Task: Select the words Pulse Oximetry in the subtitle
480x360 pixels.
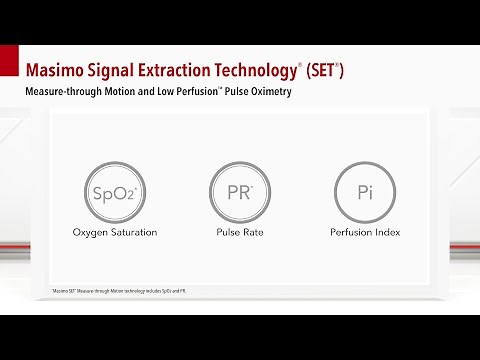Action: coord(290,92)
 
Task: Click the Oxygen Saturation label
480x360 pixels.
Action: coord(115,232)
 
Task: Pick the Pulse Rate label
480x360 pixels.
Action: coord(239,232)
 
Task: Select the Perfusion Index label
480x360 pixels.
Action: coord(365,232)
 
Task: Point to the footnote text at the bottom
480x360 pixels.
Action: coord(119,290)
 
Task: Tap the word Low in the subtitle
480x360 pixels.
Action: coord(190,92)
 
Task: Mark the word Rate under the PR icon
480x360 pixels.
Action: coord(253,232)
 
